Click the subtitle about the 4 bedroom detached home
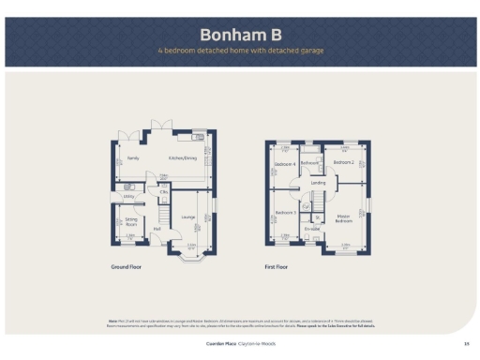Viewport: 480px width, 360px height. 241,50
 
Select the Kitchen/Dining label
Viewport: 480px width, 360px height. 184,158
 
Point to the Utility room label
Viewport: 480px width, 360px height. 129,196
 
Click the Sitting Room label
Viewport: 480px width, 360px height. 131,222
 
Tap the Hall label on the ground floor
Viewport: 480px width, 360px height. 157,230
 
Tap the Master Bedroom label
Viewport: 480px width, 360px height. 344,219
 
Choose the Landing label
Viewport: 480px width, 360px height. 319,183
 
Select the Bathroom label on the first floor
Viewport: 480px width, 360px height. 311,162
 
